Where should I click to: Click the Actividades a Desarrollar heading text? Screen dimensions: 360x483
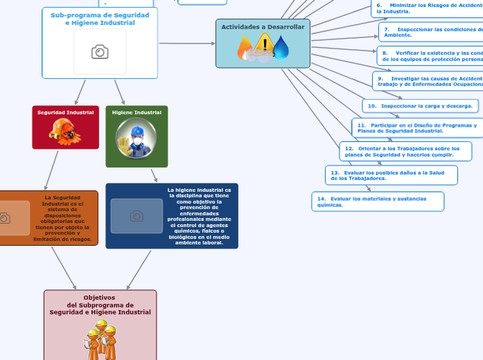[263, 27]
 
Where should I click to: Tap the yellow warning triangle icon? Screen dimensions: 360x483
[264, 46]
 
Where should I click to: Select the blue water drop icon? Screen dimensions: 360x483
[281, 48]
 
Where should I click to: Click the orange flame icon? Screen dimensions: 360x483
[245, 48]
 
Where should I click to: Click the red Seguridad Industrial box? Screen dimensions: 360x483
[66, 127]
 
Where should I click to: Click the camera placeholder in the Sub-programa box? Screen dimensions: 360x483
[100, 52]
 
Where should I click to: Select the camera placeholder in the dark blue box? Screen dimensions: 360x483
[137, 216]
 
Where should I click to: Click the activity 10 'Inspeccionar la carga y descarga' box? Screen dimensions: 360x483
[420, 106]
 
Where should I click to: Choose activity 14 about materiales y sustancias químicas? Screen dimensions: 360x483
[378, 201]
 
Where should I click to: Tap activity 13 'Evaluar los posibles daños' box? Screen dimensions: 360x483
[391, 175]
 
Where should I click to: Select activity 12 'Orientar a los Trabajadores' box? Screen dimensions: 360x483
[405, 152]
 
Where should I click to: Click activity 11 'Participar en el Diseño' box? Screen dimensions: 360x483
[417, 128]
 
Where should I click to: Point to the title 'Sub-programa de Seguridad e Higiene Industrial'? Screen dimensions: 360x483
[100, 19]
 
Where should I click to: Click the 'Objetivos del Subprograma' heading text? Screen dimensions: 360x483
[100, 305]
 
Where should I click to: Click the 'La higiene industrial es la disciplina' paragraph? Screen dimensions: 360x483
[200, 216]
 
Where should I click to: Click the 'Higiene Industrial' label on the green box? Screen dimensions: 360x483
[137, 112]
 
